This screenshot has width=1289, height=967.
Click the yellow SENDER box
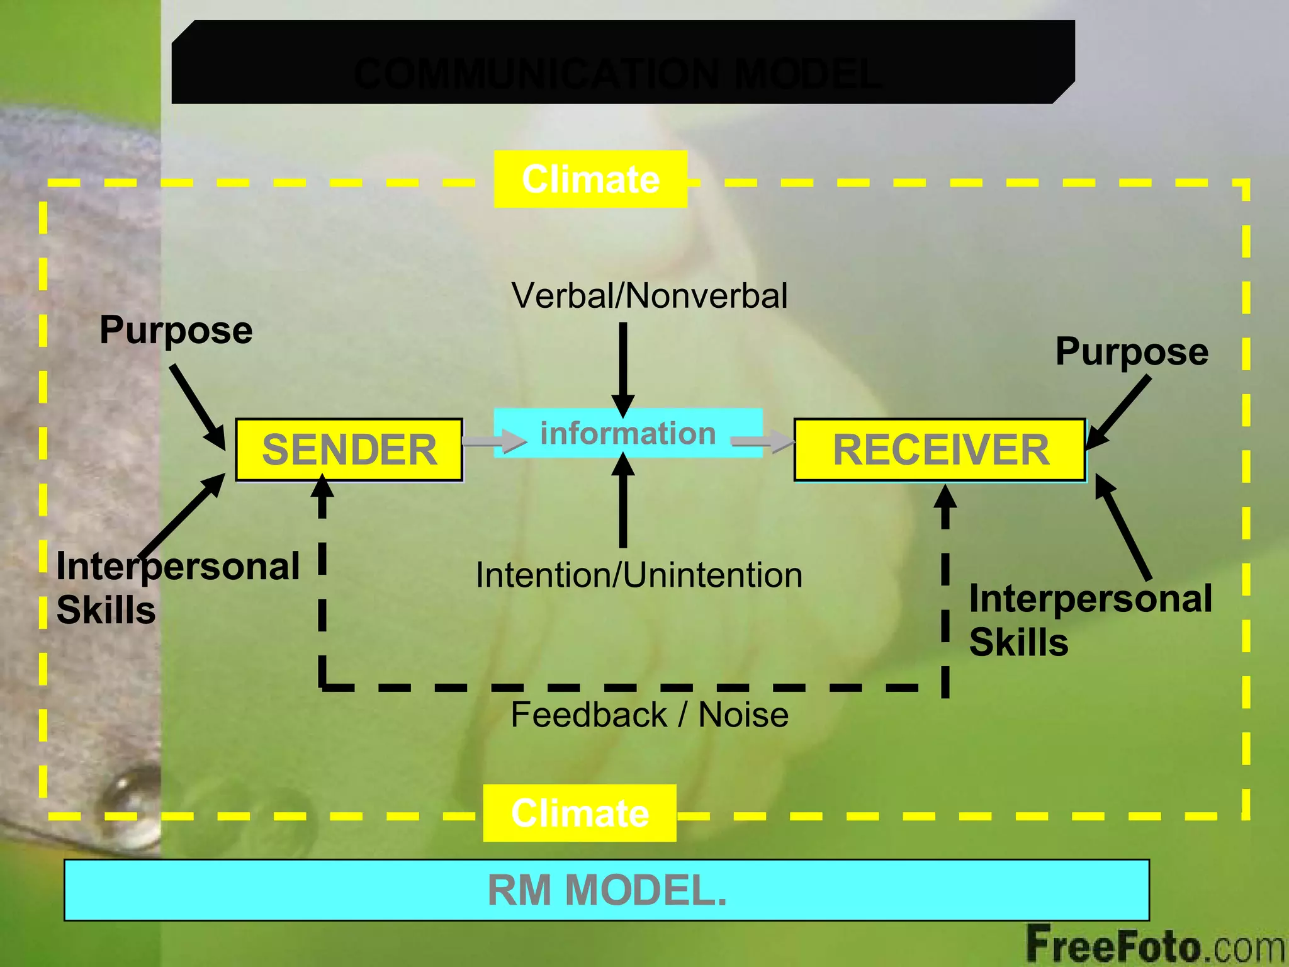click(x=349, y=450)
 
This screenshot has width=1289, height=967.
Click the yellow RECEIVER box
click(x=940, y=450)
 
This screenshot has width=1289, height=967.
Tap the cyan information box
click(x=628, y=433)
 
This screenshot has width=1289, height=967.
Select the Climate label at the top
click(x=590, y=179)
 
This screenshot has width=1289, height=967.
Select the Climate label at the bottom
click(x=580, y=813)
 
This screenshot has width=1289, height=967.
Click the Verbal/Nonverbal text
click(x=649, y=295)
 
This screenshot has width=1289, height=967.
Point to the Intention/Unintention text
click(x=639, y=575)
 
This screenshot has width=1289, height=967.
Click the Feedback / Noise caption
click(x=649, y=715)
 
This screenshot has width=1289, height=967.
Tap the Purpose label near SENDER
click(x=176, y=331)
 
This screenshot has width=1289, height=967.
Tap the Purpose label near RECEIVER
click(x=1132, y=352)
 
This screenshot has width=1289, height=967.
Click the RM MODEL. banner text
click(x=607, y=890)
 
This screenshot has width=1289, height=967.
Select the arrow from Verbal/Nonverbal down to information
click(x=623, y=368)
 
